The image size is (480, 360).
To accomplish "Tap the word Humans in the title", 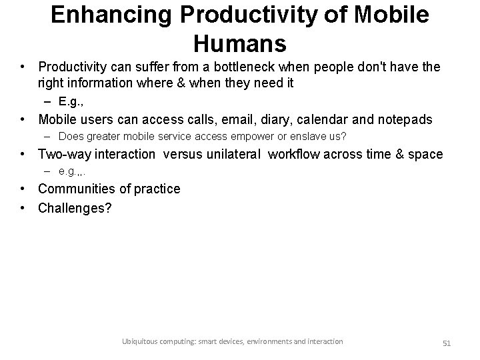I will click(240, 44).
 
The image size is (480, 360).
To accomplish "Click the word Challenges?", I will click(75, 208).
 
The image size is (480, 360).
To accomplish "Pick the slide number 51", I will click(447, 343).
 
